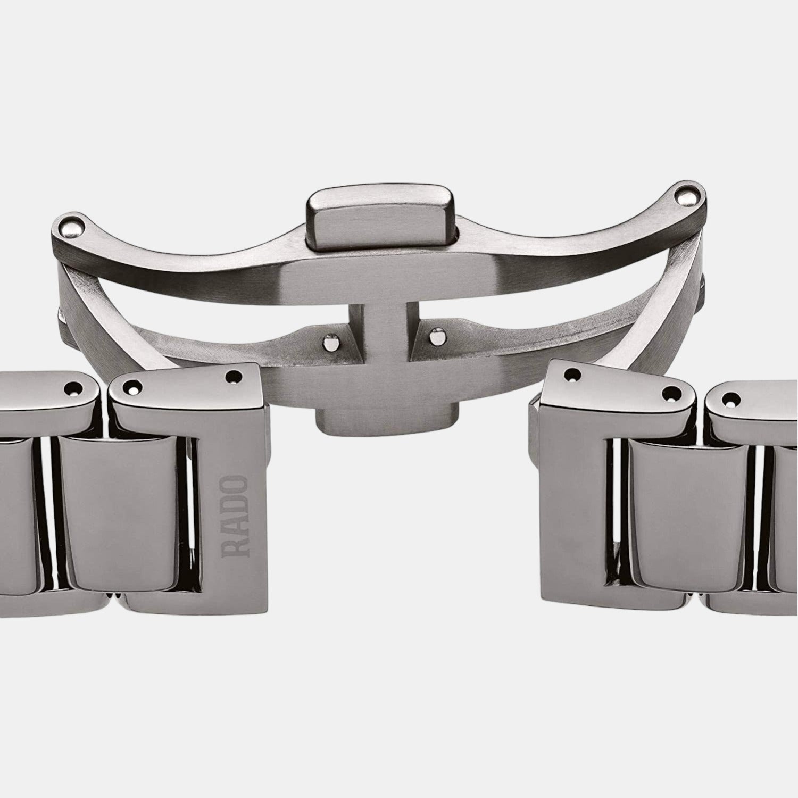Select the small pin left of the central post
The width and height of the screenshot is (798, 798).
point(332,342)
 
